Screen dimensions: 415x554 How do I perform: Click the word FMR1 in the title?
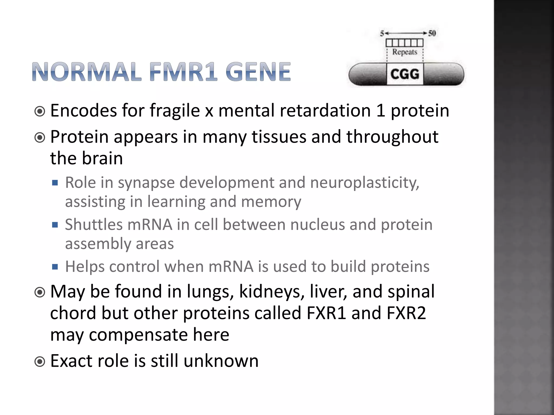183,72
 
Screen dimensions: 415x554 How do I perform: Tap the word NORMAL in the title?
87,72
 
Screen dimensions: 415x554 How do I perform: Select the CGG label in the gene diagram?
405,74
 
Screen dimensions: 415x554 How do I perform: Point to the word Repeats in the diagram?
405,52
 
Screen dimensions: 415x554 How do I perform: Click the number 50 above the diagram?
432,33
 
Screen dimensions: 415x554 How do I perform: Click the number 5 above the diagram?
382,34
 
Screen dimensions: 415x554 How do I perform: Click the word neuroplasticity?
365,183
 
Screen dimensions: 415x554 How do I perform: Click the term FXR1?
327,313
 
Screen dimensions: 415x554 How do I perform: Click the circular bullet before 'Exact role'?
40,361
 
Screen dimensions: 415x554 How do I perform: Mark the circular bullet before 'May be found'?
40,292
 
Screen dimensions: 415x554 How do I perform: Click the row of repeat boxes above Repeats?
404,43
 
